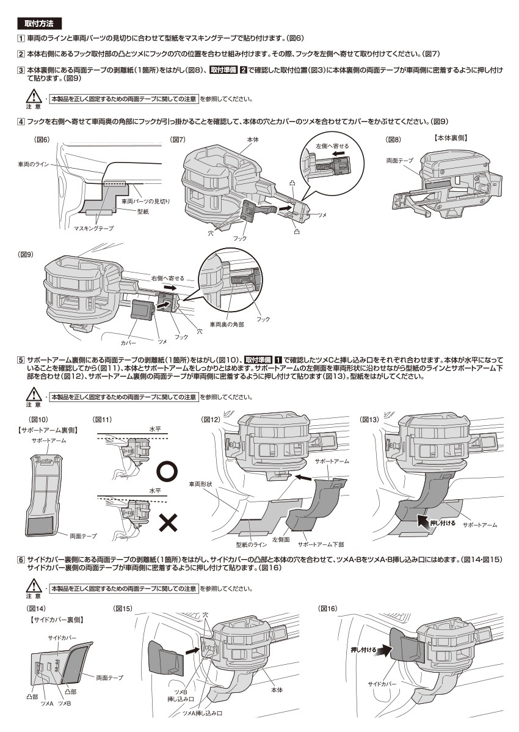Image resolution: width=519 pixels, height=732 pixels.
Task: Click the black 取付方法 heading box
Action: tap(38, 24)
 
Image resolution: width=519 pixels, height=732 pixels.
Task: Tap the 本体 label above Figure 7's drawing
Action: tap(253, 140)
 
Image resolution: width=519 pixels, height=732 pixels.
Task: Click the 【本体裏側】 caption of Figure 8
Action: tap(451, 139)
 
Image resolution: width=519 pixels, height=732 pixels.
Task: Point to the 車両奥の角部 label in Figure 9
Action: tap(227, 324)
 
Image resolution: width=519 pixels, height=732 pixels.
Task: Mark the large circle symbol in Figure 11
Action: tap(168, 471)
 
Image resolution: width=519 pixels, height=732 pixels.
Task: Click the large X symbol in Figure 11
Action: tap(168, 521)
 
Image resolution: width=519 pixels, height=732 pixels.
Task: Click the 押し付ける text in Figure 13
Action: tap(443, 523)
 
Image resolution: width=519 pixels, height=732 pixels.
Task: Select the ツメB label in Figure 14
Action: tap(64, 704)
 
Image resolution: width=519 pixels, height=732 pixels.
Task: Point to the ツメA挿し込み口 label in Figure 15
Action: tap(202, 713)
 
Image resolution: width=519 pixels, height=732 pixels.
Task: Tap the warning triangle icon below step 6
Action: tap(31, 587)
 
